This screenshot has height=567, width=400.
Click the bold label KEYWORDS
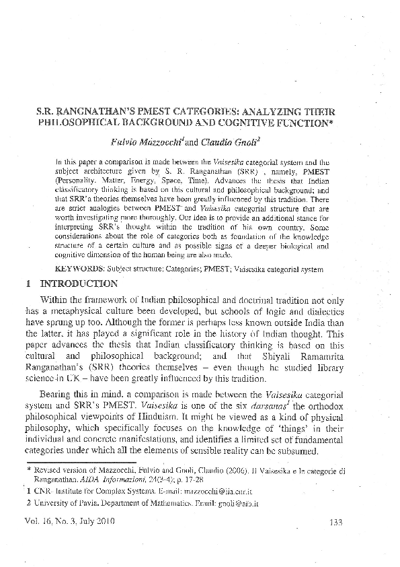tap(80, 269)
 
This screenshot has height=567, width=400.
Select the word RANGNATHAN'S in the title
tap(98, 110)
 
